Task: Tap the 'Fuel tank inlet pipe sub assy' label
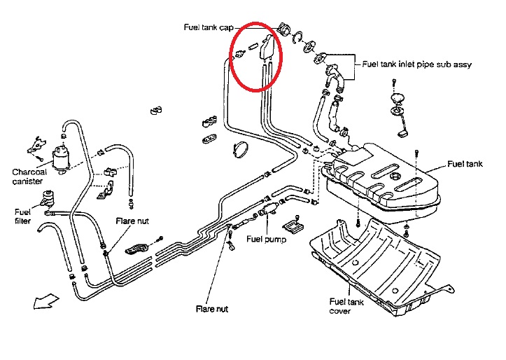[416, 64]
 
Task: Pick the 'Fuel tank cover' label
[345, 307]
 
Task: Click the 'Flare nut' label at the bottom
[213, 308]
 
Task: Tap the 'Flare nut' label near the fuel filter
[132, 221]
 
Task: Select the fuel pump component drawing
[265, 211]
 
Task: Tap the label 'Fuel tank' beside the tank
[465, 165]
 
